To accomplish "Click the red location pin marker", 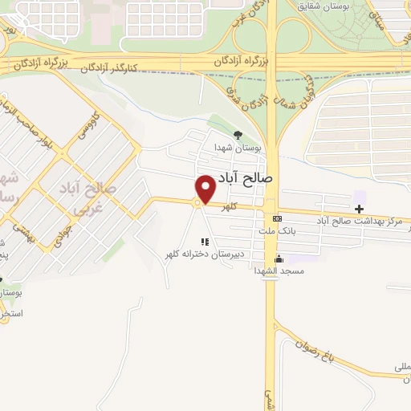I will coord(205,189).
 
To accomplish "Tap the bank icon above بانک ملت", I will coord(277,218).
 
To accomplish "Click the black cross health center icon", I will coord(359,209).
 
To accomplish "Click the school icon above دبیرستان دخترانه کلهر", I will coord(205,241).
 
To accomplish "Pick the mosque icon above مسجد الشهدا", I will coord(279,258).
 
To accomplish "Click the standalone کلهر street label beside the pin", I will coord(234,205).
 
